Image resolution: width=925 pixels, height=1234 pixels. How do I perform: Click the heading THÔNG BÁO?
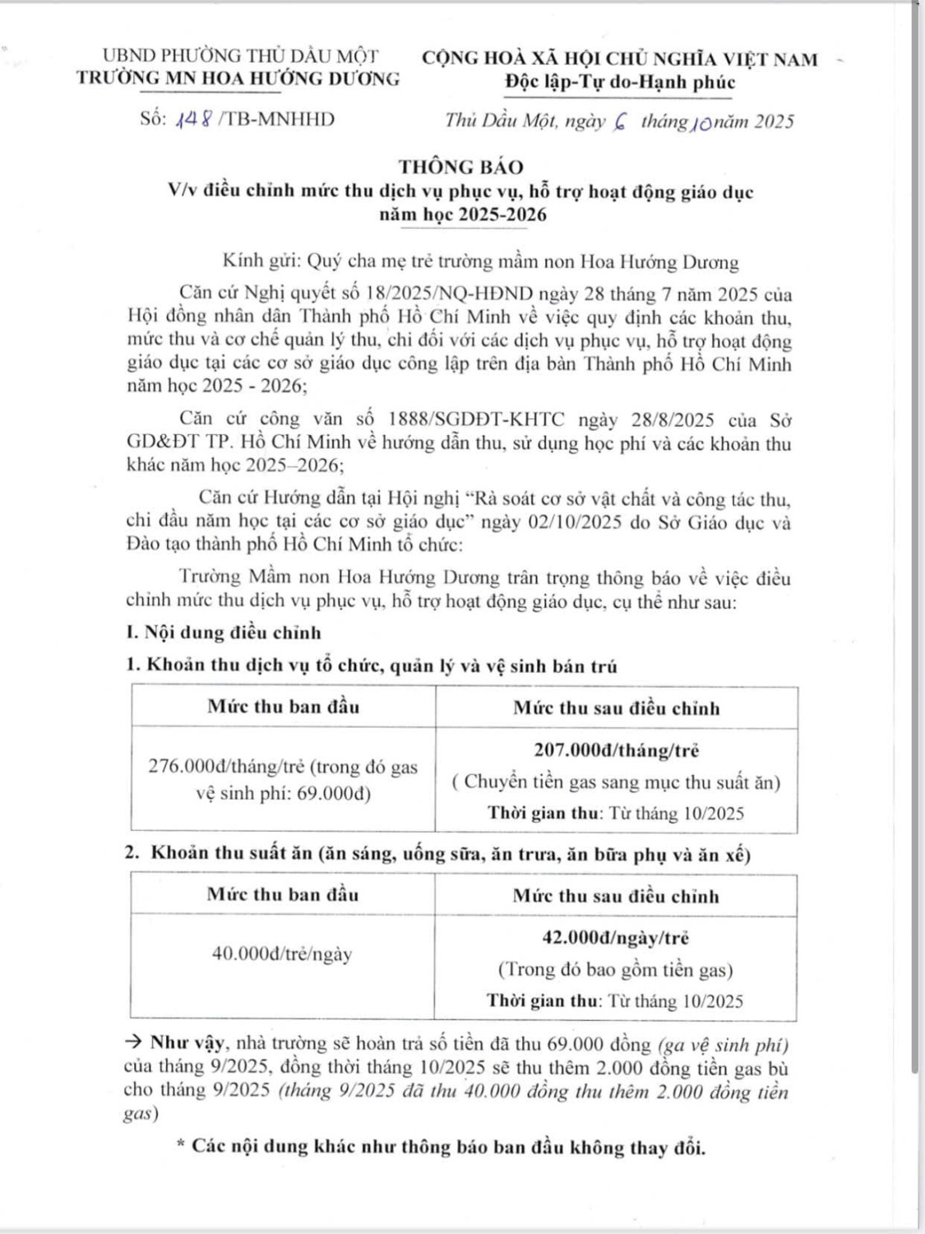[461, 167]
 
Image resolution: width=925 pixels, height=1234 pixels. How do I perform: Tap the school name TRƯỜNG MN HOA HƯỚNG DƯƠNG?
[238, 79]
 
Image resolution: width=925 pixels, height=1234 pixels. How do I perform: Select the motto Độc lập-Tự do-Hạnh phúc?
[620, 82]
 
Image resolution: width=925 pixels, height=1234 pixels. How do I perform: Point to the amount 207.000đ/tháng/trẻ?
[616, 750]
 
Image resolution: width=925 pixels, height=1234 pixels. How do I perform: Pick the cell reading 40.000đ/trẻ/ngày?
[282, 954]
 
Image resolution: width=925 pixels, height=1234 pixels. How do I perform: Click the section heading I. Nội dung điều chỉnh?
[224, 633]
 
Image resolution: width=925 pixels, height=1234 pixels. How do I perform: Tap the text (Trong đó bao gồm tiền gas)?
[615, 970]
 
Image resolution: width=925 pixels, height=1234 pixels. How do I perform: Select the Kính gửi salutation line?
[480, 262]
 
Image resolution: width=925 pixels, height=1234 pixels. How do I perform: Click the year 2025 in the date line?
[773, 122]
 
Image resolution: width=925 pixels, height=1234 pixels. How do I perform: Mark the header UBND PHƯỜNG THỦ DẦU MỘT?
[240, 56]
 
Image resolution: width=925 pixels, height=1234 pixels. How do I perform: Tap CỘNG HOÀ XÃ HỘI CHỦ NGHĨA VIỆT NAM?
[620, 59]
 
